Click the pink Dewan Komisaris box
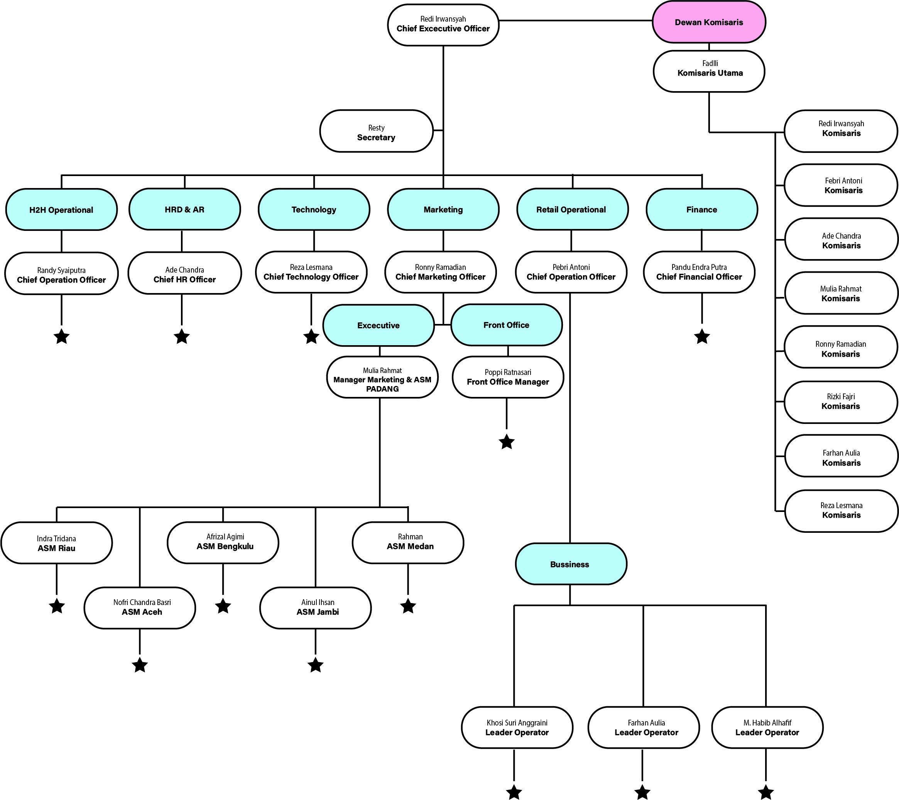pyautogui.click(x=708, y=22)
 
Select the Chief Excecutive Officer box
pyautogui.click(x=443, y=25)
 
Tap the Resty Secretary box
pyautogui.click(x=376, y=131)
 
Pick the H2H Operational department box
pyautogui.click(x=61, y=210)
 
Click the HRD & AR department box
pyautogui.click(x=184, y=210)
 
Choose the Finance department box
pyautogui.click(x=701, y=210)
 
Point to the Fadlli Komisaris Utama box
pyautogui.click(x=709, y=71)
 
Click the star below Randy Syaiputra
pyautogui.click(x=62, y=337)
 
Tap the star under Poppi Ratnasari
pyautogui.click(x=507, y=442)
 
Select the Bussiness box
pyautogui.click(x=570, y=564)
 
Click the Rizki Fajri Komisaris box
pyautogui.click(x=840, y=402)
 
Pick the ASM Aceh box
pyautogui.click(x=140, y=608)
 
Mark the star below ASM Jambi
pyautogui.click(x=315, y=665)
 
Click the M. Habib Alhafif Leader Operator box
pyautogui.click(x=767, y=727)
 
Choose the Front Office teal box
pyautogui.click(x=506, y=325)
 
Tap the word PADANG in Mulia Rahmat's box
pyautogui.click(x=382, y=389)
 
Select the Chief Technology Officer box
pyautogui.click(x=311, y=272)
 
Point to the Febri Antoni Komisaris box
pyautogui.click(x=840, y=185)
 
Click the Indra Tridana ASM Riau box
pyautogui.click(x=56, y=543)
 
